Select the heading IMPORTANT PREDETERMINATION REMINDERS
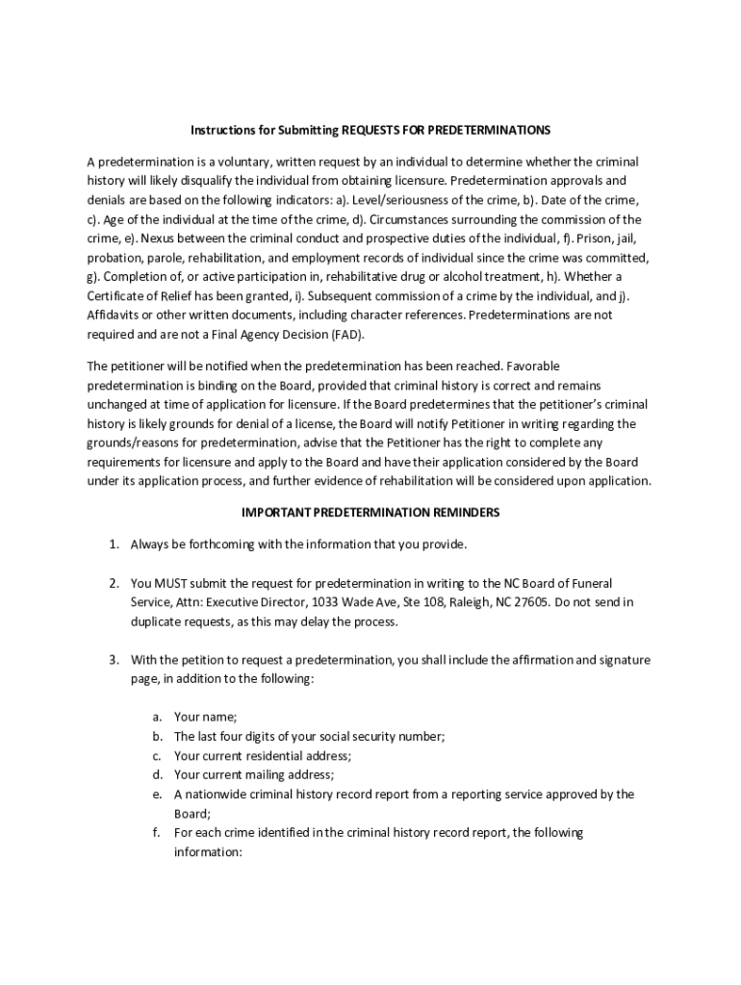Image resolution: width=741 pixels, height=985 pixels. [370, 513]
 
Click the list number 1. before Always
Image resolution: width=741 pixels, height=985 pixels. [114, 544]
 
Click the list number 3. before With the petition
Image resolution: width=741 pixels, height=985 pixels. [114, 660]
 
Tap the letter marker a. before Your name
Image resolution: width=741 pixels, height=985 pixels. [156, 717]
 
